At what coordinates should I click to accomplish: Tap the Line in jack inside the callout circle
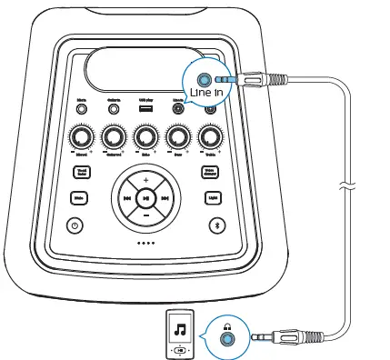208,80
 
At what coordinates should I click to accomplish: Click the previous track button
126,199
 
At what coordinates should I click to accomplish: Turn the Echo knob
145,137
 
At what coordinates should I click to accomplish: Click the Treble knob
211,137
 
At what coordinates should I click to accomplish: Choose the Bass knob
178,137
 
